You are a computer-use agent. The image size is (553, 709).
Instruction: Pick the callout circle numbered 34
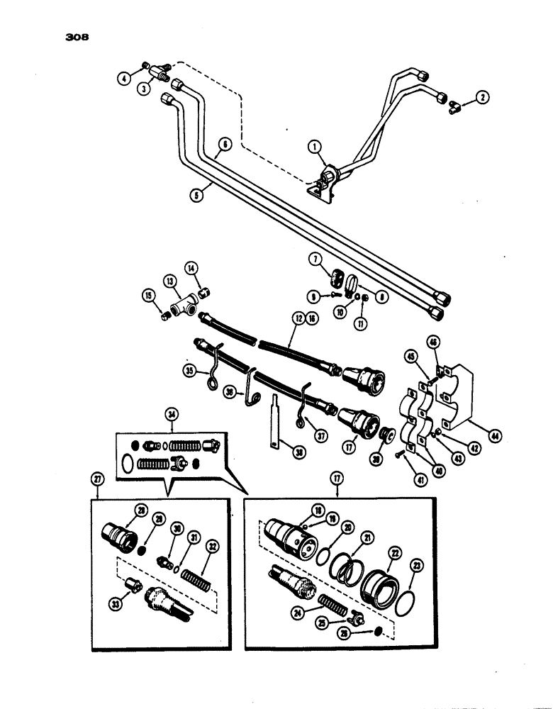170,414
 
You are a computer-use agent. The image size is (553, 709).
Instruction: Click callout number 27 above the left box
97,479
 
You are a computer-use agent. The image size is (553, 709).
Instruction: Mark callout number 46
434,342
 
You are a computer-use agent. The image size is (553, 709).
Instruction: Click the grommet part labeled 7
339,275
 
